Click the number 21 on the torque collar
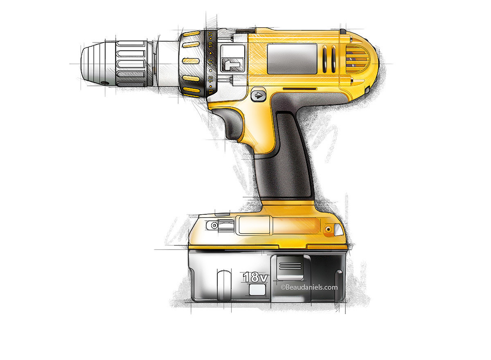pyautogui.click(x=210, y=34)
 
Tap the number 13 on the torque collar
pyautogui.click(x=210, y=91)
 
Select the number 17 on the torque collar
pyautogui.click(x=210, y=62)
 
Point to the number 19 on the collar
pyautogui.click(x=210, y=45)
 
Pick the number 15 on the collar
pyautogui.click(x=210, y=79)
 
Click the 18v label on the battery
pyautogui.click(x=255, y=277)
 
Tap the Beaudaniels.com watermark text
pyautogui.click(x=309, y=287)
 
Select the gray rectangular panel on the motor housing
pyautogui.click(x=292, y=59)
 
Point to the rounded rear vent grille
pyautogui.click(x=357, y=59)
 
